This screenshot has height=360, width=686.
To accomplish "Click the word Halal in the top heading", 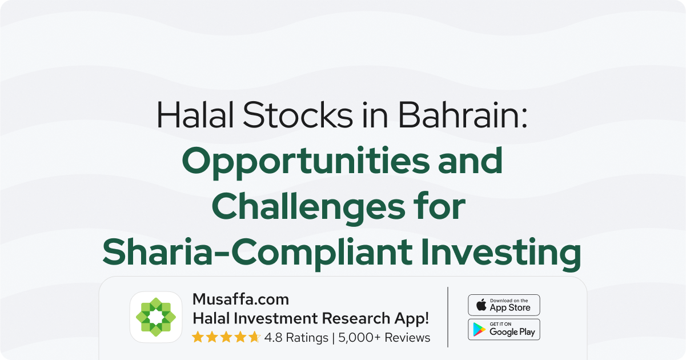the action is coord(195,114).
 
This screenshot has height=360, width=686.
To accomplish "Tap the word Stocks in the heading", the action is coord(298,114).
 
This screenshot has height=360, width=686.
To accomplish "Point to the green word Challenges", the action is coord(308,207).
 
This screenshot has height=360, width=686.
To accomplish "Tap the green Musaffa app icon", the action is coord(156,317).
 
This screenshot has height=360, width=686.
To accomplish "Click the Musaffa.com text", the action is coord(240,299).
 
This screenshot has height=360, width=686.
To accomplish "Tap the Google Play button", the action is coord(504,330).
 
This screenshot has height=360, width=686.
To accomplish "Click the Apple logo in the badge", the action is coord(482,305).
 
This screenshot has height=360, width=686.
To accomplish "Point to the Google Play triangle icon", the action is coord(479,330).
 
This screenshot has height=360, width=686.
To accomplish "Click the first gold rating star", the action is coord(198,337).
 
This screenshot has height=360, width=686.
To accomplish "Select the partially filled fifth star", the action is coord(254,337).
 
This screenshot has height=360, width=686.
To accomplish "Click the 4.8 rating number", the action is coord(273,338).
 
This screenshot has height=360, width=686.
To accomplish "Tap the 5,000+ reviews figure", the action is coord(359,338).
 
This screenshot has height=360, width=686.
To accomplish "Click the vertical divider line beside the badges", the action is coord(448,317).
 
